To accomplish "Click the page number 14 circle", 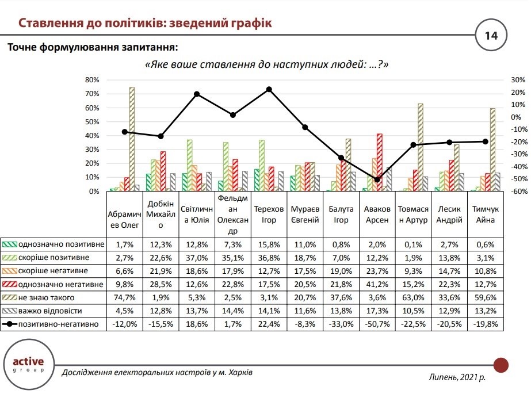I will click(x=491, y=36).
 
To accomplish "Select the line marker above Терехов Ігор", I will click(x=269, y=90).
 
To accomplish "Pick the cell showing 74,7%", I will click(x=124, y=299).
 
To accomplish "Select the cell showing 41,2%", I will click(x=377, y=284).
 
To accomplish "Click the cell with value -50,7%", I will click(x=377, y=325).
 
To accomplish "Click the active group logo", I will click(x=28, y=366).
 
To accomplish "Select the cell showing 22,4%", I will click(x=269, y=325).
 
